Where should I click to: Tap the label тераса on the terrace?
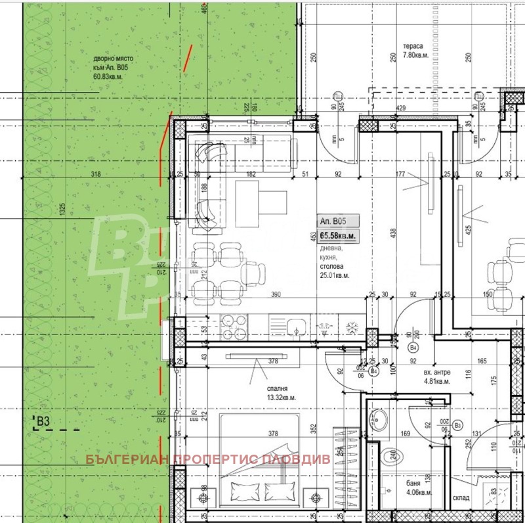tap(413, 47)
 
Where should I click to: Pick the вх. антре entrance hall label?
tap(437, 371)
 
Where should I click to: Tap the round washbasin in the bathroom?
tap(379, 419)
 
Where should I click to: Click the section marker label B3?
tap(44, 421)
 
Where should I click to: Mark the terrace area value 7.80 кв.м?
tap(416, 55)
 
